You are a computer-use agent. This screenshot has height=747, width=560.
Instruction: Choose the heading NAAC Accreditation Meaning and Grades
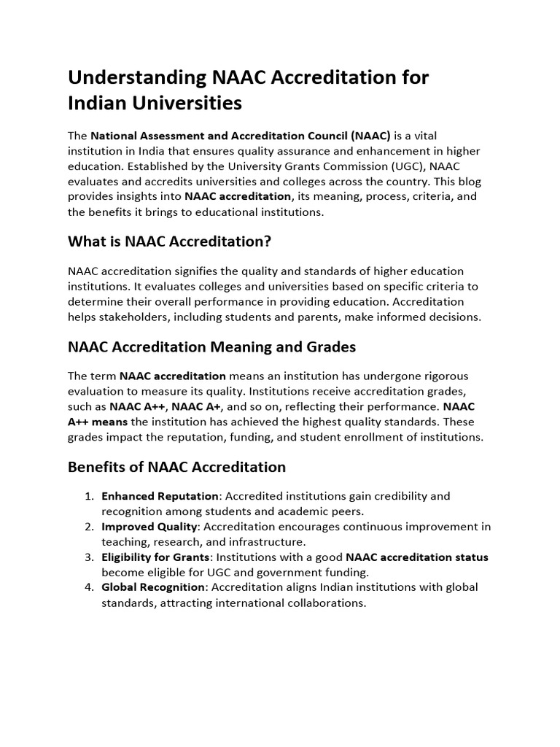[x=211, y=347]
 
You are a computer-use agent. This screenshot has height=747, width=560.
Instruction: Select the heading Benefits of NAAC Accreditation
[x=176, y=467]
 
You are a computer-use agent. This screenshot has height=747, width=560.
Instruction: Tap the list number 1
[x=88, y=496]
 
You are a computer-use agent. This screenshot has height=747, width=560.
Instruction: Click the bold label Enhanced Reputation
[x=160, y=496]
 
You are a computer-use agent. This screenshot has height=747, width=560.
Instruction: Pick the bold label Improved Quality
[x=149, y=527]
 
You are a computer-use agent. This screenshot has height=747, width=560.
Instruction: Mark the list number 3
[x=88, y=557]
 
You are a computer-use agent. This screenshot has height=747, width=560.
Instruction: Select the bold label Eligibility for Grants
[x=155, y=557]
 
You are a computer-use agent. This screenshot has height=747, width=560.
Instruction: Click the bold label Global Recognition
[x=153, y=587]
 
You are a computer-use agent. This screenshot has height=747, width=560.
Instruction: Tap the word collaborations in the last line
[x=320, y=603]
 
